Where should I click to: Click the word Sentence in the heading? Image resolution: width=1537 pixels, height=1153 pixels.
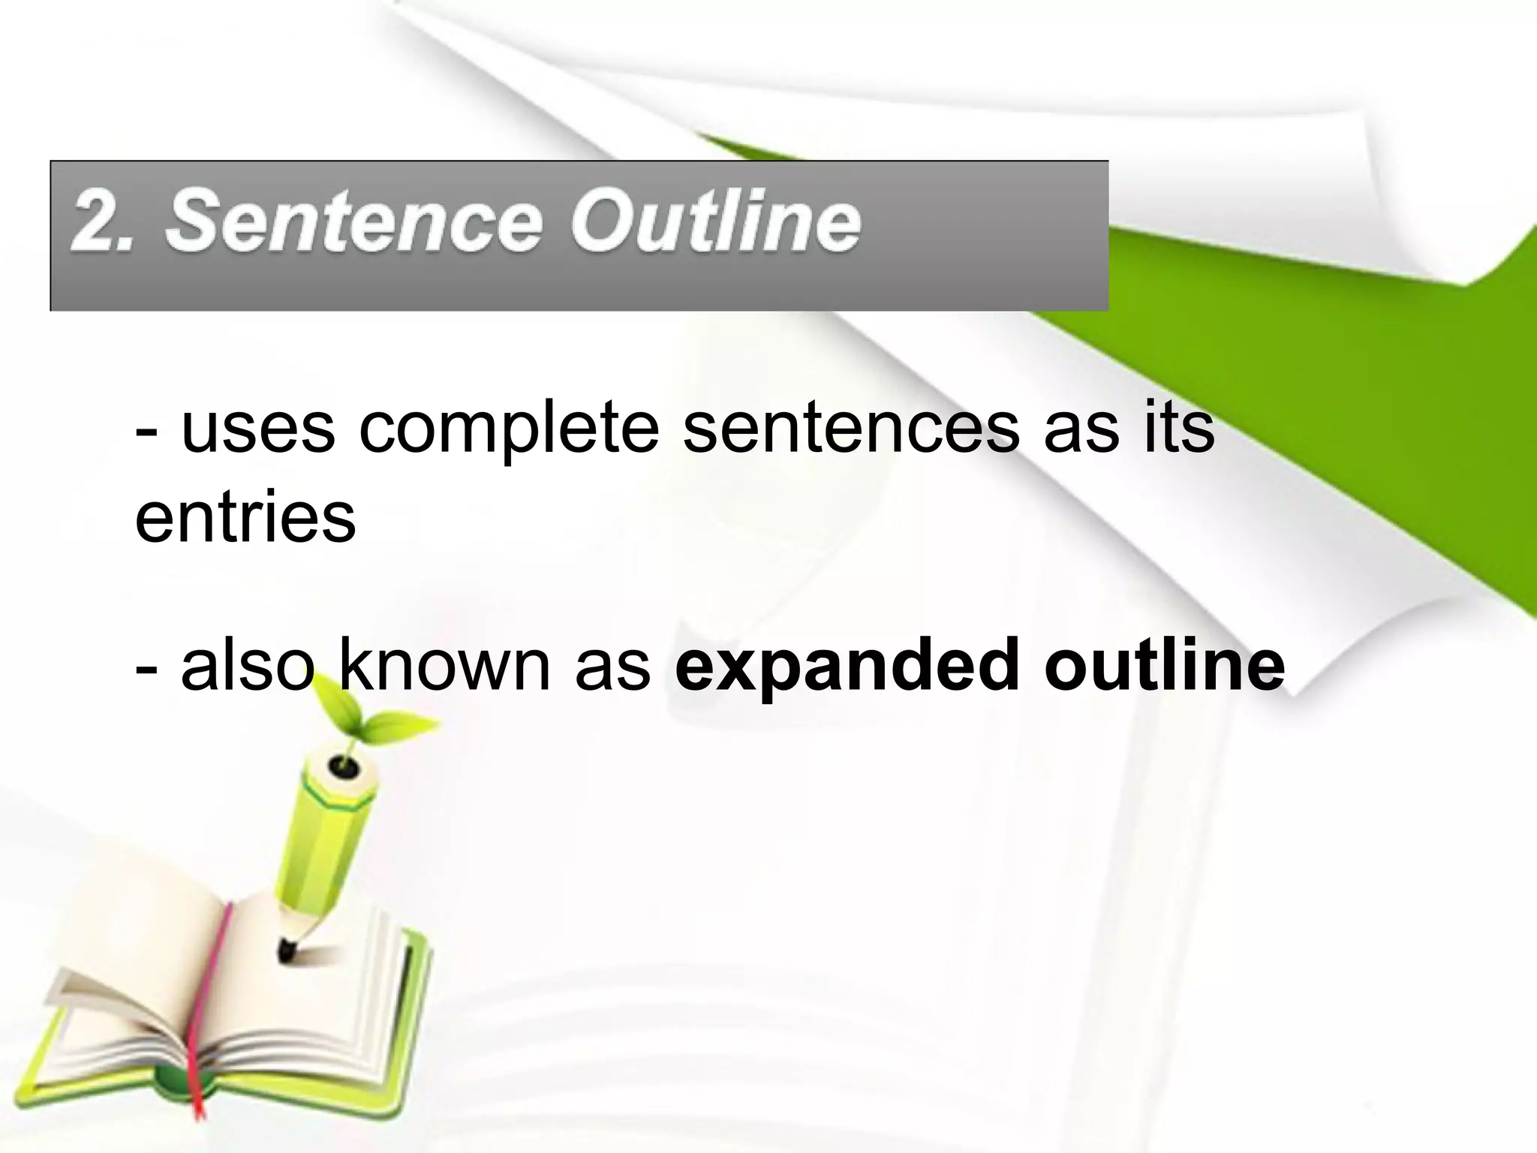click(353, 222)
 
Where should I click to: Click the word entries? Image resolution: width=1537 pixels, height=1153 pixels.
click(245, 517)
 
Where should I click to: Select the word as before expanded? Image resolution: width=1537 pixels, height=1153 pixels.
click(612, 665)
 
